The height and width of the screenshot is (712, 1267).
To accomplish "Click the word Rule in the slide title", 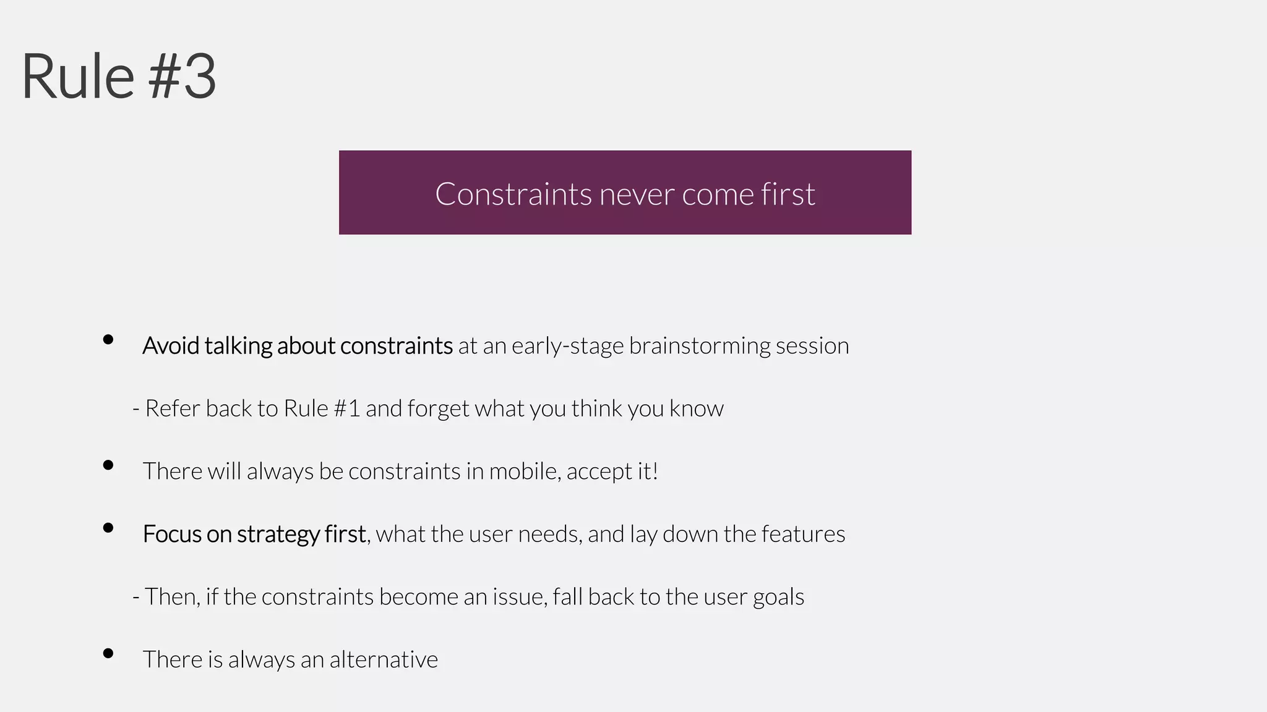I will [x=78, y=77].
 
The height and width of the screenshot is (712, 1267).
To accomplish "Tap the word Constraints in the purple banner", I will [x=513, y=194].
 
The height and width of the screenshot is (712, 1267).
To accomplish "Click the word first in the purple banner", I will [x=788, y=194].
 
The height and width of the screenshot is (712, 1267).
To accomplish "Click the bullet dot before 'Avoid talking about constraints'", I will [x=108, y=339].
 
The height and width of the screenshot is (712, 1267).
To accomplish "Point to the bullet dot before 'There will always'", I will [x=108, y=465].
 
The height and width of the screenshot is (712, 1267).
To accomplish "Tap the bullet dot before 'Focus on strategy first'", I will [x=108, y=528].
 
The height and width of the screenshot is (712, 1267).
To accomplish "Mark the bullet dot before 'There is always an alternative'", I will [x=108, y=653].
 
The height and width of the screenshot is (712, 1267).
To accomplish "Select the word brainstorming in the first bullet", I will [x=699, y=346].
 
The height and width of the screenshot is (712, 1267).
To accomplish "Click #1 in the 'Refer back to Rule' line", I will [x=346, y=409].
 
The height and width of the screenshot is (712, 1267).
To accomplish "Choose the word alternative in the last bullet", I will [x=384, y=660].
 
